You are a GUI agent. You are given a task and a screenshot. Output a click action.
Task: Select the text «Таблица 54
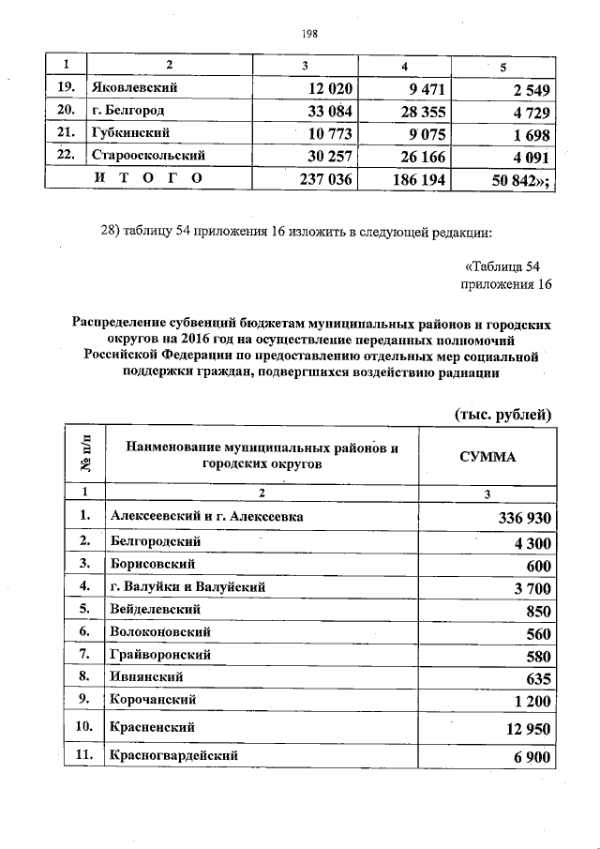pos(502,265)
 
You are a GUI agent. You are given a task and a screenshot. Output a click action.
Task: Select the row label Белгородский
pos(155,541)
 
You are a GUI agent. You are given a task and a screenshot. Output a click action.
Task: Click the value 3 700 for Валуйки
pos(530,588)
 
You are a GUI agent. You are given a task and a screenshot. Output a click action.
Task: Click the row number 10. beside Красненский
pos(84,726)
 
